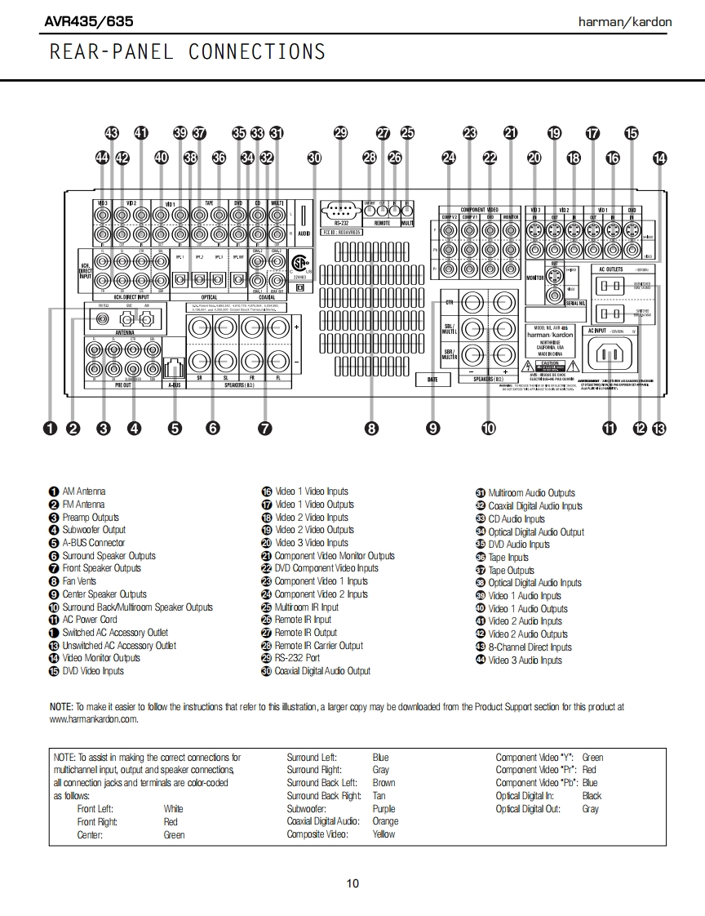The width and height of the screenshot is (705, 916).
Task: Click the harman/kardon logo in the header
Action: click(624, 22)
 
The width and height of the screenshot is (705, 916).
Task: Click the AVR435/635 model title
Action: click(89, 21)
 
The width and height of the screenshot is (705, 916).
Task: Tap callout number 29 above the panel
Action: click(340, 133)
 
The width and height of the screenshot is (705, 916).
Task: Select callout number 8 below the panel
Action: click(371, 427)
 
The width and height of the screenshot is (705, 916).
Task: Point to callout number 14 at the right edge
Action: click(659, 158)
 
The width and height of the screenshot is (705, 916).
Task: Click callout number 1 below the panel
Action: click(51, 427)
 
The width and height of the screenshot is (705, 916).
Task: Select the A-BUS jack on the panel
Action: click(174, 368)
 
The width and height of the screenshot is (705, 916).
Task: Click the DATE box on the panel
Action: click(432, 379)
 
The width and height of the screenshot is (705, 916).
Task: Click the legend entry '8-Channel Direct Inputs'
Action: click(530, 647)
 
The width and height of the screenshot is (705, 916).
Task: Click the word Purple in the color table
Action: click(384, 809)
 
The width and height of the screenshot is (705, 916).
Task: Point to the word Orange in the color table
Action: click(385, 821)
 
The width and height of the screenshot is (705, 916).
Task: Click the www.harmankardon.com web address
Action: click(94, 719)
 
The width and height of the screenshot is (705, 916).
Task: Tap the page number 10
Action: click(352, 883)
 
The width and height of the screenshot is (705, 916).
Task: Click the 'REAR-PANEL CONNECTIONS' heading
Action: click(188, 52)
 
